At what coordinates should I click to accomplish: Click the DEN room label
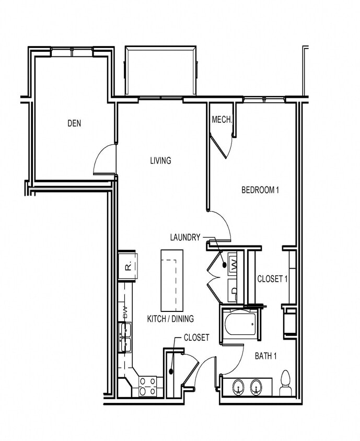click(75, 124)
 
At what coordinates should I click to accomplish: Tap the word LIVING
click(160, 161)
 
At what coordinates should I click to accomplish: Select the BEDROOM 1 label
click(260, 190)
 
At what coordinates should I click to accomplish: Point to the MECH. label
click(222, 120)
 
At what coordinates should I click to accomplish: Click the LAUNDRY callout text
click(185, 237)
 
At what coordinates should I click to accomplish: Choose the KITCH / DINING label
click(170, 319)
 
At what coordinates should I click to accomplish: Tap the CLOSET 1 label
click(272, 279)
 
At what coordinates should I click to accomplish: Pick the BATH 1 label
click(265, 356)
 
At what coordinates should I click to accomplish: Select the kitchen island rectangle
click(172, 280)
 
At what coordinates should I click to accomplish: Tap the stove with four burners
click(147, 386)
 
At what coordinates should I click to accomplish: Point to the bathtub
click(239, 324)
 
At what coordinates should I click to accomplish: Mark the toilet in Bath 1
click(285, 384)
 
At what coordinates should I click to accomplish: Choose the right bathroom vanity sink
click(256, 387)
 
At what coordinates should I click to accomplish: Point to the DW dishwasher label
click(125, 312)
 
